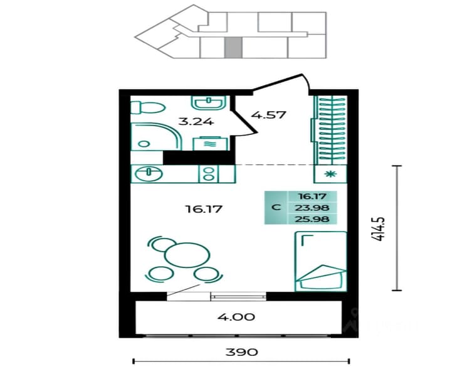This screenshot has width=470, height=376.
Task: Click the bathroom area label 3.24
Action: pyautogui.click(x=196, y=122)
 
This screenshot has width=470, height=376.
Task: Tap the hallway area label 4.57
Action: pyautogui.click(x=269, y=114)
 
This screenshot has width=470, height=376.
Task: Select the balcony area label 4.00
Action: pyautogui.click(x=236, y=317)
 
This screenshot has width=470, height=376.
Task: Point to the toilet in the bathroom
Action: pyautogui.click(x=148, y=107)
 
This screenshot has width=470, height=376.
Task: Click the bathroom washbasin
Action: pyautogui.click(x=208, y=103)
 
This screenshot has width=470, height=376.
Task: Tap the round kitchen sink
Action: pyautogui.click(x=149, y=174)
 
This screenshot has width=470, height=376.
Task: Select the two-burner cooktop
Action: pyautogui.click(x=208, y=174)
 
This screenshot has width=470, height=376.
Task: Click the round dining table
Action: pyautogui.click(x=187, y=255)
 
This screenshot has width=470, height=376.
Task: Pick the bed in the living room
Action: pyautogui.click(x=321, y=261)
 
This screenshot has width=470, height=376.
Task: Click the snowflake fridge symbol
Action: pyautogui.click(x=330, y=174)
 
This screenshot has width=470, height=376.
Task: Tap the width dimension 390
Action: pyautogui.click(x=242, y=352)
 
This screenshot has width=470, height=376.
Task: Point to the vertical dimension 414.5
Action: pyautogui.click(x=379, y=229)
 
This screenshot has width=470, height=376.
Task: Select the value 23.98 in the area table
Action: pyautogui.click(x=312, y=208)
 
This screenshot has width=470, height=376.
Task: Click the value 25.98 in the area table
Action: pyautogui.click(x=312, y=219)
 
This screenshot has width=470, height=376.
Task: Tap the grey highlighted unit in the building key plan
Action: pyautogui.click(x=233, y=48)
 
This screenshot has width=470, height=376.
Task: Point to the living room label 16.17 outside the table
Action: pyautogui.click(x=204, y=208)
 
